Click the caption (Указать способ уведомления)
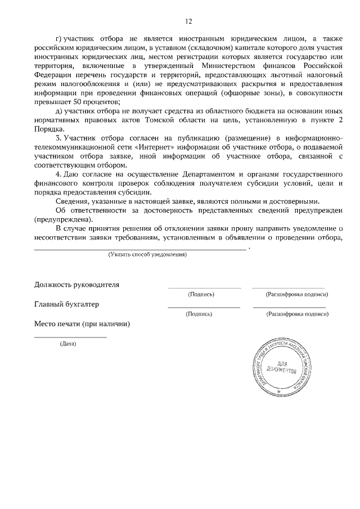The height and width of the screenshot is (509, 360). click(147, 255)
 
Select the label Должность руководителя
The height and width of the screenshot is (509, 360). click(77, 284)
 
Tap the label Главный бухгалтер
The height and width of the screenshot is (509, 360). click(66, 304)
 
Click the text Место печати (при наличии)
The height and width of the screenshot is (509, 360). click(82, 324)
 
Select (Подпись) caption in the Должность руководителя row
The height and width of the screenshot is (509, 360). click(201, 294)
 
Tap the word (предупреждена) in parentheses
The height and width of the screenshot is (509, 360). click(64, 219)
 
